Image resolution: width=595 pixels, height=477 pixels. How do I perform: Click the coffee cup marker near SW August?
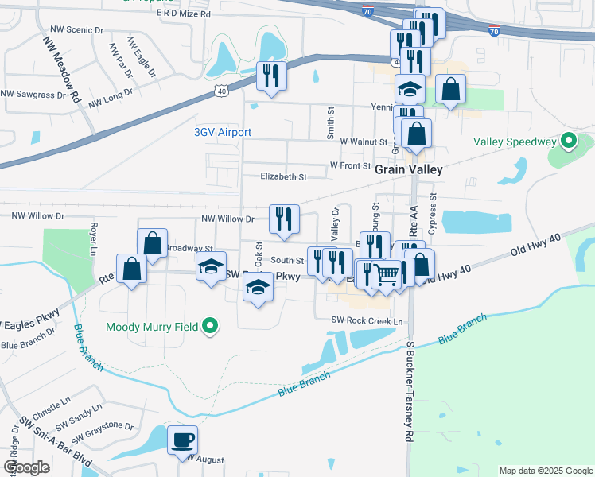pos(183,440)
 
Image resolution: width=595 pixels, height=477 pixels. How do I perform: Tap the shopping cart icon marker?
pos(386,275)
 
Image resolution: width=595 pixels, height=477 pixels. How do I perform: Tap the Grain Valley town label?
pos(408,169)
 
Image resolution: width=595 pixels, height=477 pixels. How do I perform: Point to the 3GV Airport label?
pos(223,132)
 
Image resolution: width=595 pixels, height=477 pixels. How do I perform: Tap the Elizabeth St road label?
pos(284,176)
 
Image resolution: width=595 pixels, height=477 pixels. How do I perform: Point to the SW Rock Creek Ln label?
pos(368,320)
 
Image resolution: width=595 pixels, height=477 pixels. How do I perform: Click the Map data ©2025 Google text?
pos(545,471)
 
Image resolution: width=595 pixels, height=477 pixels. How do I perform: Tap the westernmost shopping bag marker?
pos(131,269)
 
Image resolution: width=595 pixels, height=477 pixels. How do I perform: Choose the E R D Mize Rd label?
pos(184,14)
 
